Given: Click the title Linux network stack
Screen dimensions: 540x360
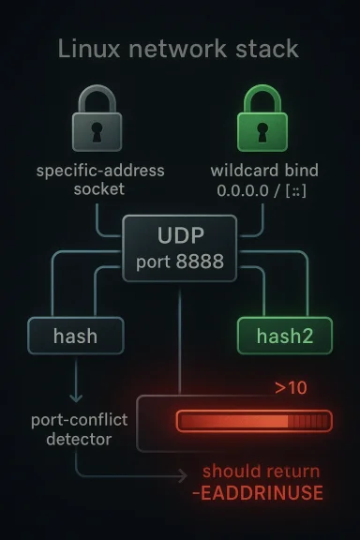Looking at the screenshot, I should (x=178, y=50).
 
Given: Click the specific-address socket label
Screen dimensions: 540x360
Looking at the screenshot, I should (x=99, y=180).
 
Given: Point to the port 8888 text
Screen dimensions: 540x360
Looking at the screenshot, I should (x=179, y=262).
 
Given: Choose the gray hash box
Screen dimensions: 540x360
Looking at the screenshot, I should (x=75, y=335).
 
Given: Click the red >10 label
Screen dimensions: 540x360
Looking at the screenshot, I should (x=290, y=386).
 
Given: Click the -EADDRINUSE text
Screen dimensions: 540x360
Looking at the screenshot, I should (x=262, y=493).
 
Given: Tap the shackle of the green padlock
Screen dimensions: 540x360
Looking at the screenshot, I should (x=264, y=99).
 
